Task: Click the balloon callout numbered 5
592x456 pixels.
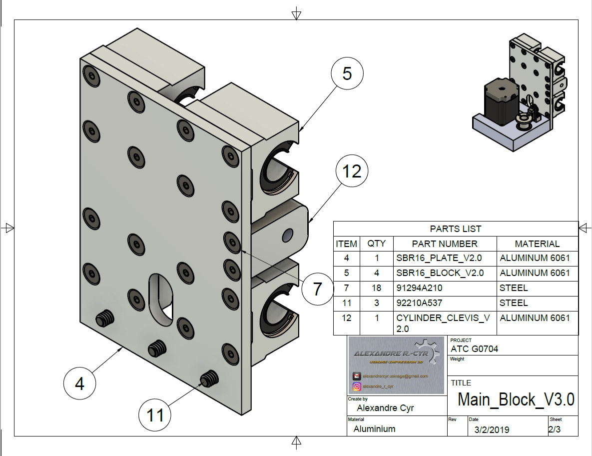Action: click(347, 74)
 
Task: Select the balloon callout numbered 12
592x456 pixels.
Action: click(352, 171)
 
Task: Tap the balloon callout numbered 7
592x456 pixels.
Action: click(317, 289)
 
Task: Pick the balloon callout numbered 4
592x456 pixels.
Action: click(79, 383)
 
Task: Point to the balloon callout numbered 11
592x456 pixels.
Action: click(155, 414)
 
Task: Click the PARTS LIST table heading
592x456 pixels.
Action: click(455, 229)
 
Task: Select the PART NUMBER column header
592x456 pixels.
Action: click(445, 244)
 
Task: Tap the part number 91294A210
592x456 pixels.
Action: click(419, 288)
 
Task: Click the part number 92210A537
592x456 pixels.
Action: click(419, 303)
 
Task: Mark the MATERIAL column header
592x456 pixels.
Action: click(537, 244)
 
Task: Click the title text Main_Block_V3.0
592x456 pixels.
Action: click(516, 400)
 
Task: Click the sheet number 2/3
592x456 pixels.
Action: click(554, 429)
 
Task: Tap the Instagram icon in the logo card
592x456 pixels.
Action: click(357, 386)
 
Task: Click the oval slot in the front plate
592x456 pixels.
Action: click(161, 297)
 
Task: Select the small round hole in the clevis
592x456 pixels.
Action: click(287, 234)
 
